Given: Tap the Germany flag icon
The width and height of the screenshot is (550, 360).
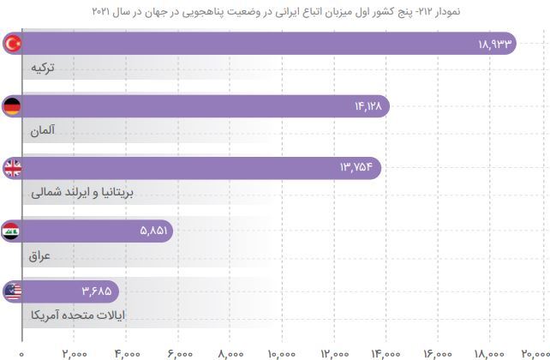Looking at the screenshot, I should point(13,106).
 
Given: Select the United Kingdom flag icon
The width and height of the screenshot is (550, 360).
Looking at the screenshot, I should point(13,168).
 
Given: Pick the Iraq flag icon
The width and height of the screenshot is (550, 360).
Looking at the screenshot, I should point(13,230).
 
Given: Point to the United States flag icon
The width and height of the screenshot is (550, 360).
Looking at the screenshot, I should point(13,291).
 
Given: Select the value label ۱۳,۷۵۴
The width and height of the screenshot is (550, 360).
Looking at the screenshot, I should point(355,168).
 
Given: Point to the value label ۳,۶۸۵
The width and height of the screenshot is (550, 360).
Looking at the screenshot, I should point(95,291).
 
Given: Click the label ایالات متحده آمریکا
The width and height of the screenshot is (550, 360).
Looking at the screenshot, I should point(76,315).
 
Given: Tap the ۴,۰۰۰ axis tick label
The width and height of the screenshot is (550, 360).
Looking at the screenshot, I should point(126,352).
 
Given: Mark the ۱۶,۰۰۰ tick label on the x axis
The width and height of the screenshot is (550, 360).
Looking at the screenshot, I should point(437,352).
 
